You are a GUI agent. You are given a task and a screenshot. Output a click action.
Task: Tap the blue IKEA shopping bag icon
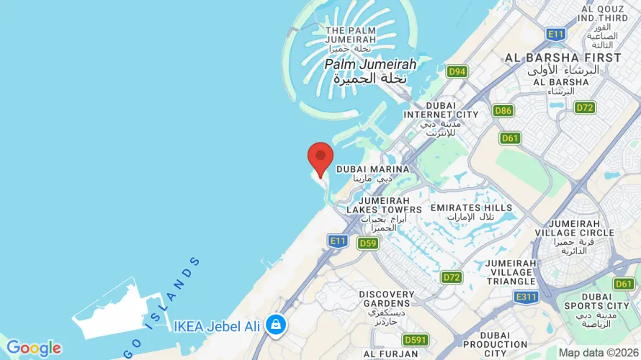pyautogui.click(x=274, y=325)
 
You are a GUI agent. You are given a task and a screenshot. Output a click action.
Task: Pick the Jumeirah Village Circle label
pyautogui.click(x=574, y=232)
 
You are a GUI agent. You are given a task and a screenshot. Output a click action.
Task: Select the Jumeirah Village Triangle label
pyautogui.click(x=511, y=272)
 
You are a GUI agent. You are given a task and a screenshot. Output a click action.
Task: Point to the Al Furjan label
pyautogui.click(x=390, y=354)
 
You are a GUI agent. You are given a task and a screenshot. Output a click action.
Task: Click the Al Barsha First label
pyautogui.click(x=562, y=58)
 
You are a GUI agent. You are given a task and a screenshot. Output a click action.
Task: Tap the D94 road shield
pyautogui.click(x=457, y=71)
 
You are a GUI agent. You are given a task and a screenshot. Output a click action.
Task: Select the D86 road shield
pyautogui.click(x=503, y=110)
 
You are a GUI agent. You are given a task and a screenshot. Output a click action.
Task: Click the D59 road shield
pyautogui.click(x=368, y=243)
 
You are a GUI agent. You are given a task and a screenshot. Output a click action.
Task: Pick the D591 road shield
pyautogui.click(x=416, y=340)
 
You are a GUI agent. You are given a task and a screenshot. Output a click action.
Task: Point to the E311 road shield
pyautogui.click(x=526, y=296)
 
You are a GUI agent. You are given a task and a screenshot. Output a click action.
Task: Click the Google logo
pyautogui.click(x=33, y=348)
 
